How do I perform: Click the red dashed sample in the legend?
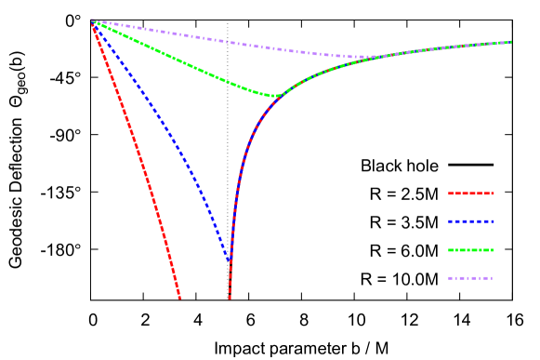[x=471, y=193]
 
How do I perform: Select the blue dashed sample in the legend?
[x=471, y=221]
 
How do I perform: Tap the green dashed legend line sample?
[x=471, y=250]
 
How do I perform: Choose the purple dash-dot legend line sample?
[x=471, y=278]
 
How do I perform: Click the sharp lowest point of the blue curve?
[x=230, y=262]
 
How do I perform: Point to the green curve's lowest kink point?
[x=274, y=96]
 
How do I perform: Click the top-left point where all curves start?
[x=91, y=20]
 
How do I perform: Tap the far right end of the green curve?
[x=511, y=42]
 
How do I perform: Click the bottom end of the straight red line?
[x=180, y=299]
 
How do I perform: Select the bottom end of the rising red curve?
[x=230, y=299]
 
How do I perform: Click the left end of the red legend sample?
[x=449, y=193]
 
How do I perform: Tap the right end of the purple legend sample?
[x=493, y=278]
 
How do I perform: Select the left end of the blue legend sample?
[x=449, y=221]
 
